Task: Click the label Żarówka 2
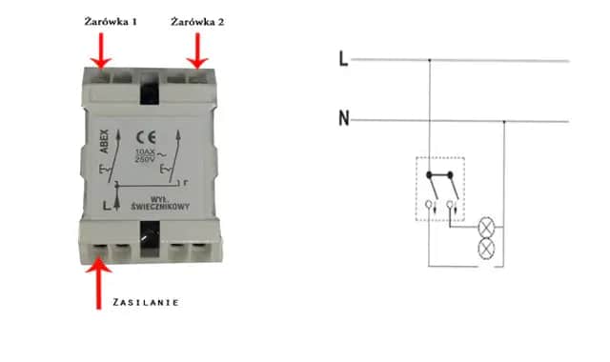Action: pos(197,20)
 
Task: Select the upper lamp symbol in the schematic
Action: pos(484,230)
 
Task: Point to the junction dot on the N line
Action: pos(504,120)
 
